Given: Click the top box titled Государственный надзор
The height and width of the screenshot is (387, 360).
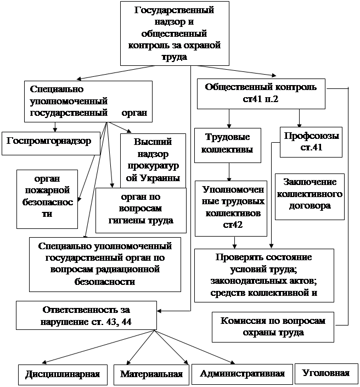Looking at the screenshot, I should [x=174, y=33].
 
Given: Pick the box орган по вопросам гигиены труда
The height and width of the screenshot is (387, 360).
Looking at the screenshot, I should [x=141, y=209].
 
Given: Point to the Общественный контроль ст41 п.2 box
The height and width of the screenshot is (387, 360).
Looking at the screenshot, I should [x=261, y=94].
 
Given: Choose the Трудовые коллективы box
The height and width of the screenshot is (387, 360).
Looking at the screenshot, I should [x=228, y=144].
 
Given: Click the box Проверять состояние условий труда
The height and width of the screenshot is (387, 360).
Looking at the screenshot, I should [x=263, y=274].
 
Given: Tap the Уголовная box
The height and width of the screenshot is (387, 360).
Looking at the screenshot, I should [x=326, y=373].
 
